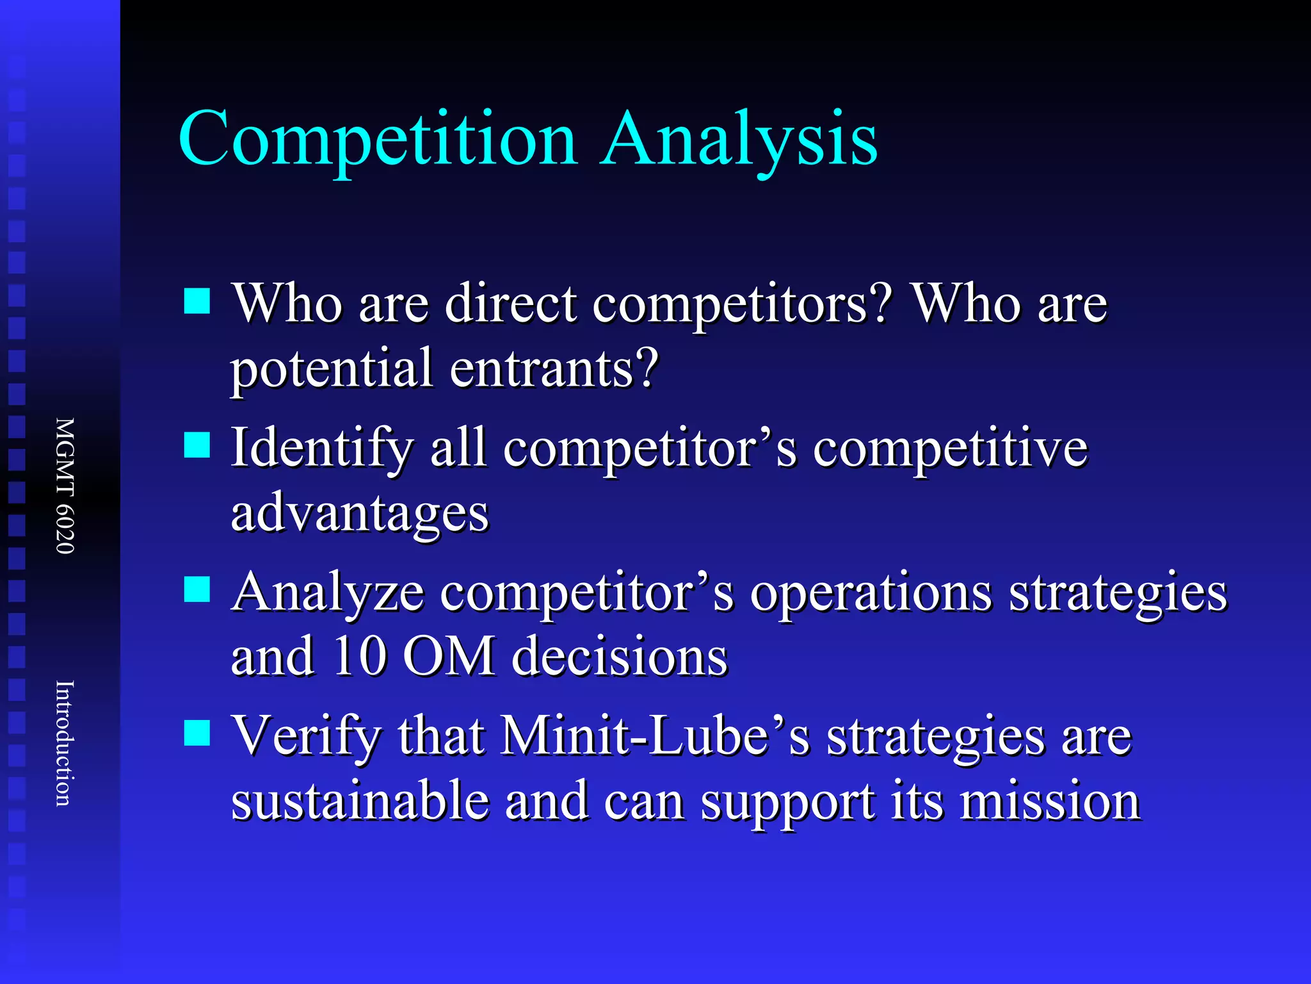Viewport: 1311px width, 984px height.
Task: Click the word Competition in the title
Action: coord(378,140)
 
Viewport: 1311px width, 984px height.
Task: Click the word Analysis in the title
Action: coord(739,140)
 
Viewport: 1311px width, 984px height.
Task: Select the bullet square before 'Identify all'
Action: coord(197,445)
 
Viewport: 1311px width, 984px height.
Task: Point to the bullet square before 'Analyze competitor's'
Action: coord(197,589)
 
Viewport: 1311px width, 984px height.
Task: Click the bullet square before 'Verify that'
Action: coord(197,733)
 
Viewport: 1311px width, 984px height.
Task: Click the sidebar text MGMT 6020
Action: coord(65,486)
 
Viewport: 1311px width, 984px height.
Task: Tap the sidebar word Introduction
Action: coord(65,743)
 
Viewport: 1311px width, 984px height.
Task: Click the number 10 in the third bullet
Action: coord(359,656)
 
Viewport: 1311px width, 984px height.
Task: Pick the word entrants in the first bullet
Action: coord(554,369)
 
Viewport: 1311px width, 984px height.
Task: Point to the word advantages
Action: coord(360,513)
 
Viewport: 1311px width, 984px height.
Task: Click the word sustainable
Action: coord(360,801)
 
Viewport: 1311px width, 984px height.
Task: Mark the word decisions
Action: coord(620,656)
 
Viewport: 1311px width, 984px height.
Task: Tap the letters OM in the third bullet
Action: coord(449,656)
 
